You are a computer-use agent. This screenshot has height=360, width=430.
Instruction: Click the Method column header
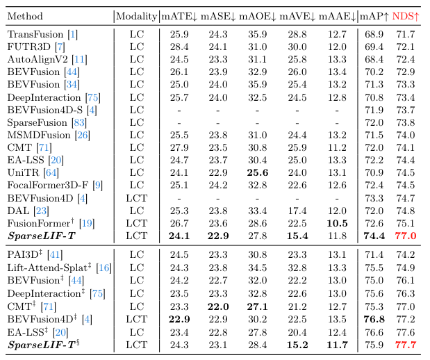25,16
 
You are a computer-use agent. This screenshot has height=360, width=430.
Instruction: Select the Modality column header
136,16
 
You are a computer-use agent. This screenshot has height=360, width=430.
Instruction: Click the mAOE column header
257,16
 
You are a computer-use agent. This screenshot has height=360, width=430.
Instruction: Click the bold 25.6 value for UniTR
257,173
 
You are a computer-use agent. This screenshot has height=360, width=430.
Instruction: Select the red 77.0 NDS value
405,236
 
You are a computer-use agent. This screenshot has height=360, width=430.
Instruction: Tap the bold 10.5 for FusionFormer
338,223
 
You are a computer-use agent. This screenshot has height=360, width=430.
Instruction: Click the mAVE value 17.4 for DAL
297,211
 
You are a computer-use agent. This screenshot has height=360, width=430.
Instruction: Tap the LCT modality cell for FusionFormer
136,223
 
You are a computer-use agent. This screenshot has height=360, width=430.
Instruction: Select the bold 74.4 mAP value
375,236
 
